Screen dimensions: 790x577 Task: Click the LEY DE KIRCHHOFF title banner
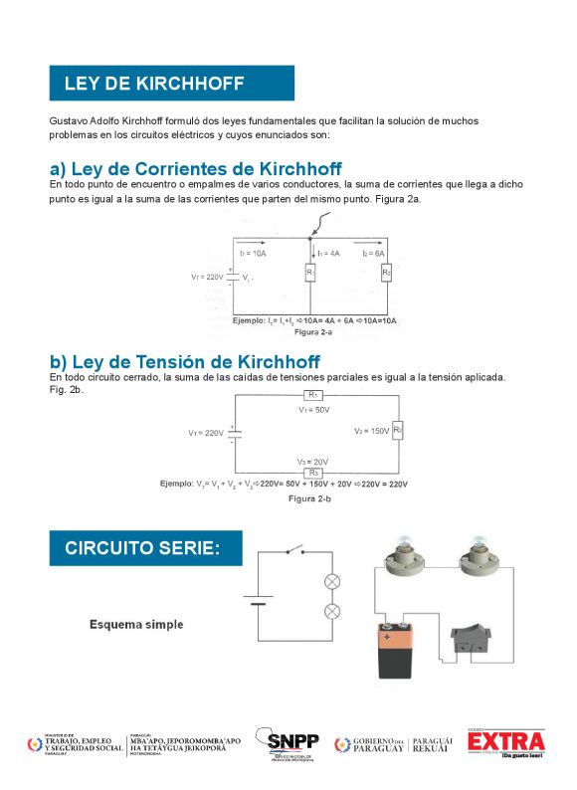(172, 83)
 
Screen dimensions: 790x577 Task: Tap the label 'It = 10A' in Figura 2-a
(254, 254)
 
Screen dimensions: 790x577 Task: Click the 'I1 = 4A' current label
(329, 254)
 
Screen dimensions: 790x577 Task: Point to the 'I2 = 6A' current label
(373, 254)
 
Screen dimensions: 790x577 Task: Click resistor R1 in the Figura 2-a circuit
(310, 272)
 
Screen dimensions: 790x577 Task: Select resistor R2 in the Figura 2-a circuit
(387, 272)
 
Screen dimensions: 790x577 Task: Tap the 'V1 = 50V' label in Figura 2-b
(314, 409)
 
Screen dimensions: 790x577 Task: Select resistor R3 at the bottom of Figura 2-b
(314, 473)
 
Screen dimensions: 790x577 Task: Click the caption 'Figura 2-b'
(310, 497)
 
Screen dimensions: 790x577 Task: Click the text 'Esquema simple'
(136, 625)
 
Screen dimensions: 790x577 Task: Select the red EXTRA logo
(506, 742)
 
